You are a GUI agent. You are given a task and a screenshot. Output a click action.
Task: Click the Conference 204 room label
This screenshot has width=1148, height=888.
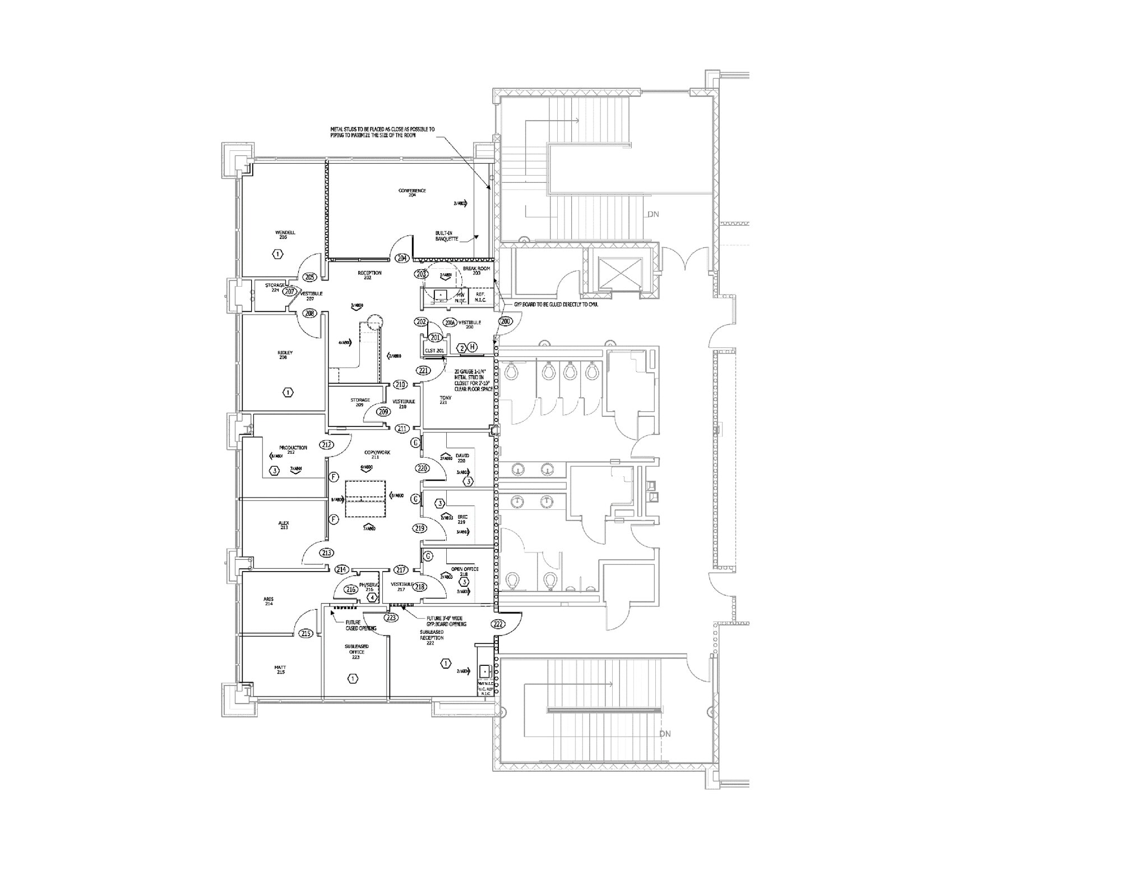pyautogui.click(x=412, y=192)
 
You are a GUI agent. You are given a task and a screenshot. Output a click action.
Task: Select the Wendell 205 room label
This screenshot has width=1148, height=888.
pyautogui.click(x=285, y=234)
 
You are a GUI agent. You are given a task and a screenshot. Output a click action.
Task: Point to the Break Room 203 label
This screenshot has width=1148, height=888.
pyautogui.click(x=476, y=270)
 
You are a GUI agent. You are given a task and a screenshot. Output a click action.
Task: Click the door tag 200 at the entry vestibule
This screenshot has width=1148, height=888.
pyautogui.click(x=506, y=321)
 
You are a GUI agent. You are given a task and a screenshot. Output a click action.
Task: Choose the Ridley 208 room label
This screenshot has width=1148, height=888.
pyautogui.click(x=285, y=355)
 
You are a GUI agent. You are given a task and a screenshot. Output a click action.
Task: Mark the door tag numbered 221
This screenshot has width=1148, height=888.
pyautogui.click(x=423, y=370)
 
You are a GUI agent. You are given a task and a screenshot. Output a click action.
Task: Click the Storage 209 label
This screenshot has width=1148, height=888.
pyautogui.click(x=360, y=402)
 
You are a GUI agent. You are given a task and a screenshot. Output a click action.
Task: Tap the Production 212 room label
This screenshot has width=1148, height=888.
pyautogui.click(x=293, y=449)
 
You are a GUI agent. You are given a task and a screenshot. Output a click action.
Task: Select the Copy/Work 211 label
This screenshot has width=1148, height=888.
pyautogui.click(x=377, y=454)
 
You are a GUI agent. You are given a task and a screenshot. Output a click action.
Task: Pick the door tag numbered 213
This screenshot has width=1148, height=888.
pyautogui.click(x=327, y=553)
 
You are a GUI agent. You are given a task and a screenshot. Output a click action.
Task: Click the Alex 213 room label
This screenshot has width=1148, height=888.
pyautogui.click(x=284, y=525)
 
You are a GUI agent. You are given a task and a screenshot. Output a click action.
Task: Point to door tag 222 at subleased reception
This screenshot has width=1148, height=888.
pyautogui.click(x=498, y=624)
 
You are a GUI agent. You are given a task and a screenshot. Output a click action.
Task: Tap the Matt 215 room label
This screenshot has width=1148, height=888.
pyautogui.click(x=280, y=669)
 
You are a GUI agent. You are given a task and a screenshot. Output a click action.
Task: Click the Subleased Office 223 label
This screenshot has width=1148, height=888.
pyautogui.click(x=357, y=651)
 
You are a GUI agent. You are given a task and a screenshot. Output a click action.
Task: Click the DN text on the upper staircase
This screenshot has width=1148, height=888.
pyautogui.click(x=653, y=214)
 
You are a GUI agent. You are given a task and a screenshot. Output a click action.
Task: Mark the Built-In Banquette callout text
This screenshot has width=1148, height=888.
pyautogui.click(x=447, y=236)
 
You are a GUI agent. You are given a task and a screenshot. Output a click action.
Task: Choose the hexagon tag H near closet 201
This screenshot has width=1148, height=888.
pyautogui.click(x=473, y=348)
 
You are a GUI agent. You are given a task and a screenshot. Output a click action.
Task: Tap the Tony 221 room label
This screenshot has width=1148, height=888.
pyautogui.click(x=445, y=400)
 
